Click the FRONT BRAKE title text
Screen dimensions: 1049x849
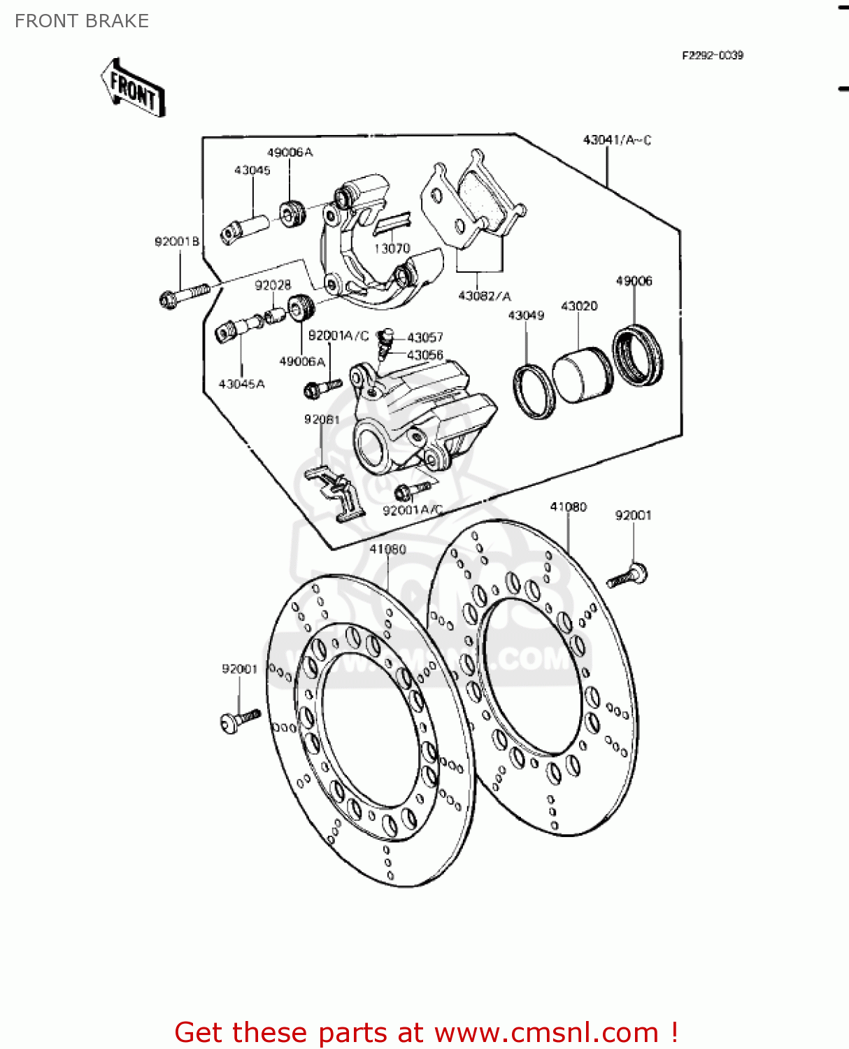pyautogui.click(x=82, y=21)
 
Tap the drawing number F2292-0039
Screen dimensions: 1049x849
pyautogui.click(x=712, y=55)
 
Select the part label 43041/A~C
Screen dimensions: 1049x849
pyautogui.click(x=617, y=140)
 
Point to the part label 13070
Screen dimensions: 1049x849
pyautogui.click(x=392, y=248)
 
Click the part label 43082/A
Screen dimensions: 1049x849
pyautogui.click(x=484, y=296)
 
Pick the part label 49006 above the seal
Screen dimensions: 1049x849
pyautogui.click(x=634, y=280)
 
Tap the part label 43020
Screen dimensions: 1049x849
pyautogui.click(x=579, y=306)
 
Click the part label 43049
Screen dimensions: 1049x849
pyautogui.click(x=526, y=315)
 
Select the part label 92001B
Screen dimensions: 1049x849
pyautogui.click(x=177, y=241)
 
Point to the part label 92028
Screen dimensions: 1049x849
pyautogui.click(x=273, y=285)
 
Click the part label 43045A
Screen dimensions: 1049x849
pyautogui.click(x=241, y=384)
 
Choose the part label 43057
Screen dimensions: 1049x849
pyautogui.click(x=425, y=337)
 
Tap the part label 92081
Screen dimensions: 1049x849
pyautogui.click(x=322, y=419)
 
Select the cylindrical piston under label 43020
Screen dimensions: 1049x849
pyautogui.click(x=582, y=374)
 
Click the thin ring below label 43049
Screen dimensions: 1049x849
pyautogui.click(x=534, y=391)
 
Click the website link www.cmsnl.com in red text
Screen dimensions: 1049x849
pyautogui.click(x=546, y=1032)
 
